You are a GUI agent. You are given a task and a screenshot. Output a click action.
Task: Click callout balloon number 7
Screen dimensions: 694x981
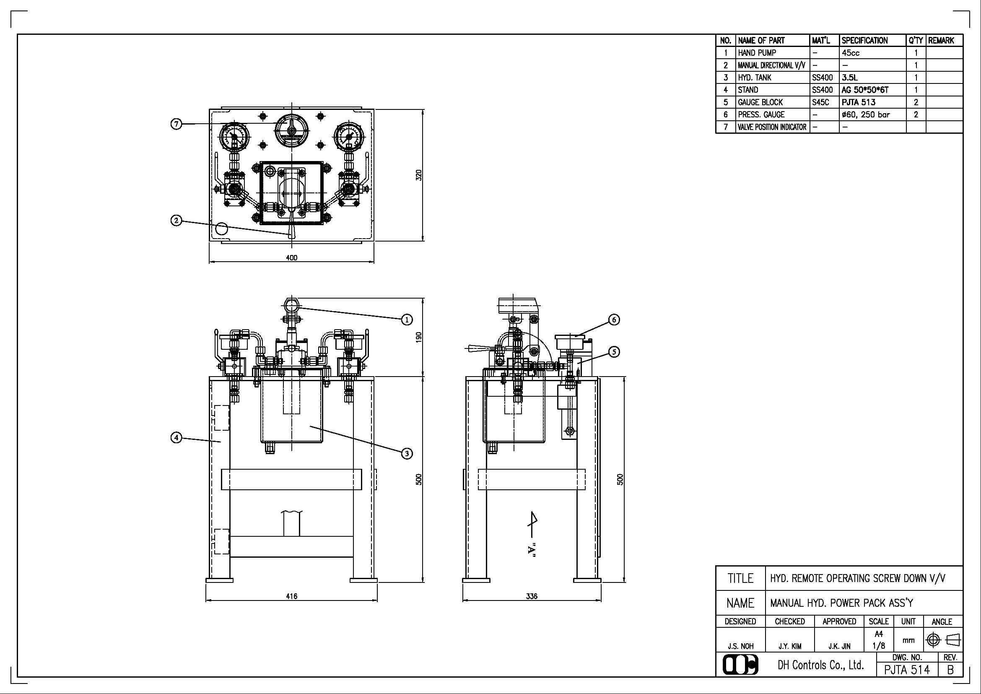[x=176, y=124]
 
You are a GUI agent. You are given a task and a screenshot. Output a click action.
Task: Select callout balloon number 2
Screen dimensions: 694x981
[x=176, y=221]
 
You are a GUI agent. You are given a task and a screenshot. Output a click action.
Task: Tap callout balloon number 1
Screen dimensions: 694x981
[x=406, y=319]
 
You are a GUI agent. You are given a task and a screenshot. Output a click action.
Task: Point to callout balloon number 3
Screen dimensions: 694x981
[x=406, y=453]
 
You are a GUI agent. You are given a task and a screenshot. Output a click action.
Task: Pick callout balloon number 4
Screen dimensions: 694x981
[x=176, y=438]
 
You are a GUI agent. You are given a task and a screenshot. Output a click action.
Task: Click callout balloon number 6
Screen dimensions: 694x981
[x=614, y=319]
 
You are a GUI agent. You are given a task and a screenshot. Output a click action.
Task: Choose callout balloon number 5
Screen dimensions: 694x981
[x=614, y=352]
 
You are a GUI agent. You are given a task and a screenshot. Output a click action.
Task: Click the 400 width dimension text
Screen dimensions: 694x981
[x=291, y=258]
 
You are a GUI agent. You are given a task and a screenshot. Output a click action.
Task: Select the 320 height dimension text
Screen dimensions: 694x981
[x=419, y=175]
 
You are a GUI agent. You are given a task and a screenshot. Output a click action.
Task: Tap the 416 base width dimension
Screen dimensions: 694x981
[x=291, y=596]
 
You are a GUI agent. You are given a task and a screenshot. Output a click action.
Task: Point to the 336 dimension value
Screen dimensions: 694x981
[x=532, y=596]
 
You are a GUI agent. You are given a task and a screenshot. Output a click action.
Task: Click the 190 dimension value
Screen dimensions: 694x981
[x=419, y=337]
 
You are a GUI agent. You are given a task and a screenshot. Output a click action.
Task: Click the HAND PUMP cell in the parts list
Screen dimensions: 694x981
[x=757, y=53]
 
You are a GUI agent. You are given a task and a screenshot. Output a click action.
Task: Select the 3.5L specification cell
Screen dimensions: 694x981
[x=849, y=78]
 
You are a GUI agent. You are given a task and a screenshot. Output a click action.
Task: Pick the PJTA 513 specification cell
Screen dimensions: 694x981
[x=859, y=102]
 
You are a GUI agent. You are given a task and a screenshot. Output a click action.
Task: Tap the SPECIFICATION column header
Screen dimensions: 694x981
[x=865, y=41]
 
